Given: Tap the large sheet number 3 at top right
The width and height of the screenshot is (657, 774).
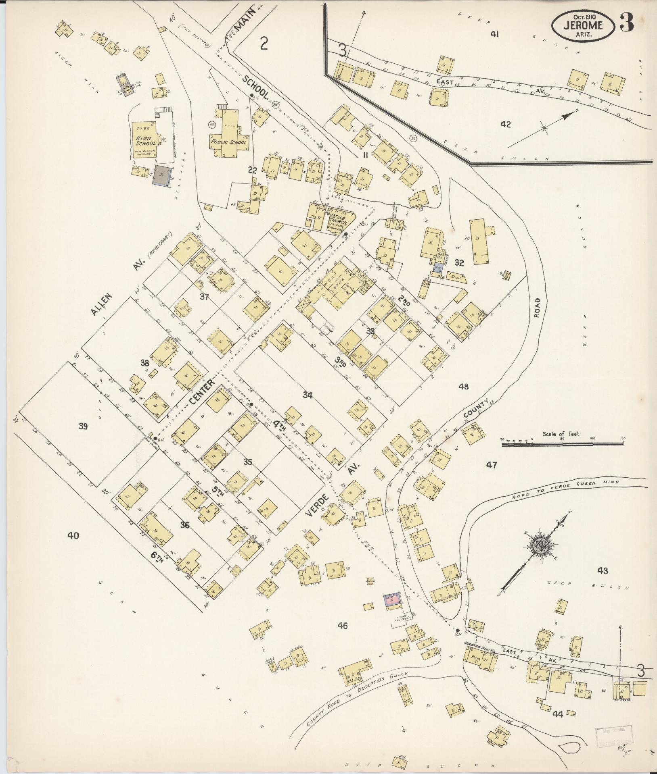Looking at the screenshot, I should (626, 24).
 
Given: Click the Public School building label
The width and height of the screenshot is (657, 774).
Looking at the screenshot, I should (228, 142).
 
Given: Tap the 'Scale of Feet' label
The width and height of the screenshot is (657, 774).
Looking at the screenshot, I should (561, 434).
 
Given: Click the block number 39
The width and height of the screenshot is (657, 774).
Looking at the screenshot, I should (83, 426).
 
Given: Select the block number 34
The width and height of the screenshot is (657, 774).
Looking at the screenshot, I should (308, 395).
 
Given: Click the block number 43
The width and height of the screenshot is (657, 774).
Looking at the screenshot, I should (603, 570).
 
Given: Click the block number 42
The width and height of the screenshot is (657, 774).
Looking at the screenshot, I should (505, 125).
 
